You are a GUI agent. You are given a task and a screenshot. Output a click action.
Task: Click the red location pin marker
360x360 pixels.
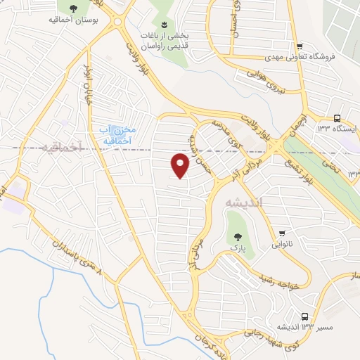click(181, 166)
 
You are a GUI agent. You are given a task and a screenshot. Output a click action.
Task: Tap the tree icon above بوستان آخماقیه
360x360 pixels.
click(73, 8)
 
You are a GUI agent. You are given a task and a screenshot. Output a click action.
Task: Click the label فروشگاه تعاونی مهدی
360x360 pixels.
click(300, 56)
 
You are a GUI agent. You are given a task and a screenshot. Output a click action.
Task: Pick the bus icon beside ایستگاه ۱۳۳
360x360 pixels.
click(337, 118)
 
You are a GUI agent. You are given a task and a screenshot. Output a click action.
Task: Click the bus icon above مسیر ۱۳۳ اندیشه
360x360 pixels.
click(304, 316)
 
